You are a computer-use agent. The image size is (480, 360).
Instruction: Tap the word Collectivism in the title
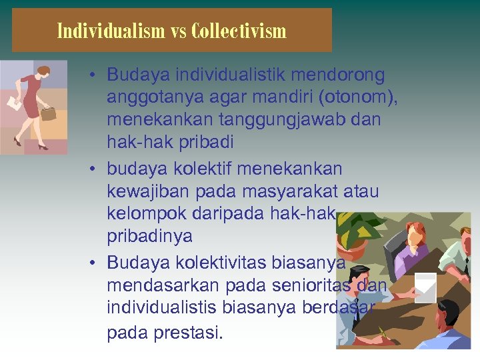click(x=238, y=31)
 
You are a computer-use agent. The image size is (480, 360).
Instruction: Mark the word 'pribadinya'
click(x=149, y=237)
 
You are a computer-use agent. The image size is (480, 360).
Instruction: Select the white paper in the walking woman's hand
click(x=13, y=103)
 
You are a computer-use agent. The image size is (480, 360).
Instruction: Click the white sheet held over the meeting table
click(x=425, y=287)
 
